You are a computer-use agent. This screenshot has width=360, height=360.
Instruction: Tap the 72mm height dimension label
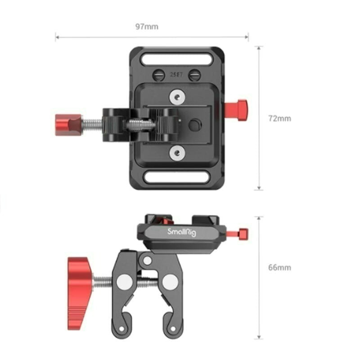(x=280, y=119)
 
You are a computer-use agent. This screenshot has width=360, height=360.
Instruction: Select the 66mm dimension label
(x=280, y=267)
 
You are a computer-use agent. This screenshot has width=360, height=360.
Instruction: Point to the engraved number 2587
(x=175, y=75)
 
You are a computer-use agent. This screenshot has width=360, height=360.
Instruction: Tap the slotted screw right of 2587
(x=194, y=75)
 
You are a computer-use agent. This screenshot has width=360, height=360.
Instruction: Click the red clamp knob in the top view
(x=68, y=125)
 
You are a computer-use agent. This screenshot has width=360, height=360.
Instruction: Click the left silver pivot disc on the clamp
(x=124, y=282)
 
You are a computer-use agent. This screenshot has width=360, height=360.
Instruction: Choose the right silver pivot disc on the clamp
(x=170, y=282)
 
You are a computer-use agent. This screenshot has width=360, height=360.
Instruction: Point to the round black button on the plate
(x=195, y=125)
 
